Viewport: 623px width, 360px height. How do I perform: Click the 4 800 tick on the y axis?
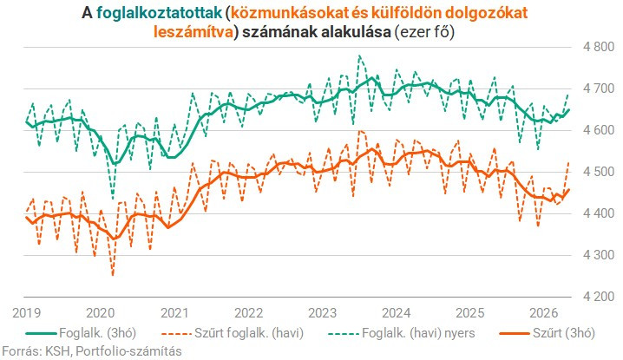(599, 47)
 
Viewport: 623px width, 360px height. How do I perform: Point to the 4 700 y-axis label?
(599, 88)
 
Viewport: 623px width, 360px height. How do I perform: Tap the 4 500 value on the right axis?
(599, 172)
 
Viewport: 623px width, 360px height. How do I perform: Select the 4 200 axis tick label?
(599, 297)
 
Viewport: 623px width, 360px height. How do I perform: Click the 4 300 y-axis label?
(599, 255)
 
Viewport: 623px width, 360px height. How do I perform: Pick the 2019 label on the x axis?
(27, 313)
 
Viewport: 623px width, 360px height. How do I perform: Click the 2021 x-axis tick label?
(174, 313)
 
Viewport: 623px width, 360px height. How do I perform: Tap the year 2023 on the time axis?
(322, 313)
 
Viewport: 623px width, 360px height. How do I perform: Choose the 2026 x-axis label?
(544, 313)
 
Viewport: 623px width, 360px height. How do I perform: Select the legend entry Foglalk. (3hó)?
(81, 333)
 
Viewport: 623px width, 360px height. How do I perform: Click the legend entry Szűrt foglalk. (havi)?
(233, 333)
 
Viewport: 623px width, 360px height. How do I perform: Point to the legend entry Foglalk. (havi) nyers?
(401, 333)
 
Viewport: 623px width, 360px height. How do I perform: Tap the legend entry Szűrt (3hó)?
(548, 333)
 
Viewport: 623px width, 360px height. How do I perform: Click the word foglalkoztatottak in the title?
(159, 13)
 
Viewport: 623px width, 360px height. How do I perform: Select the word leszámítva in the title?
(193, 32)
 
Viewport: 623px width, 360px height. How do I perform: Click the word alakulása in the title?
(356, 32)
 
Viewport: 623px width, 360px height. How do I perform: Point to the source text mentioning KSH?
(92, 351)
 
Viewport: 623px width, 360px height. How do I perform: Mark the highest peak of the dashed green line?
(359, 56)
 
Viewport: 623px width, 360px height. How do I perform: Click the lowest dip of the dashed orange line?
(113, 275)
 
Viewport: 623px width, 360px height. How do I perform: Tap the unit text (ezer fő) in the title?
(424, 32)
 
